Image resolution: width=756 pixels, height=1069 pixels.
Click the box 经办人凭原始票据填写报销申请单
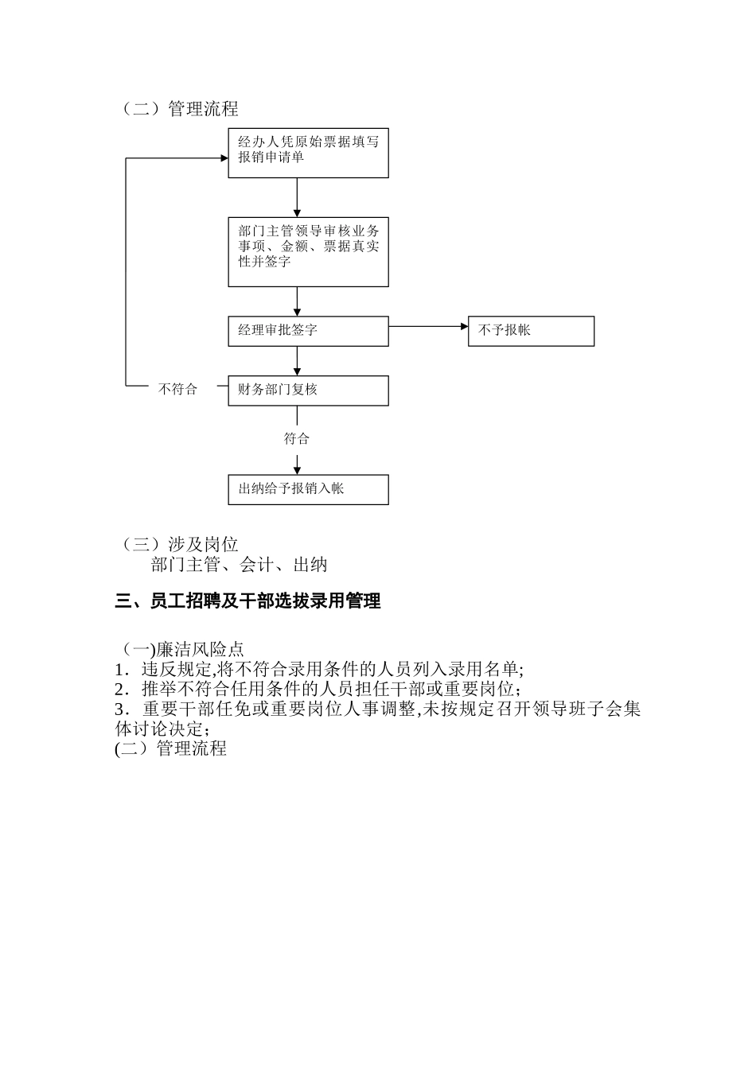click(x=308, y=153)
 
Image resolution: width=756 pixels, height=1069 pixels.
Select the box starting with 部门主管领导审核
click(x=308, y=251)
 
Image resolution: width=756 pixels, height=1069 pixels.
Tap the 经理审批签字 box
click(x=308, y=331)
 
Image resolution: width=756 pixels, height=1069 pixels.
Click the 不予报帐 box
click(x=531, y=331)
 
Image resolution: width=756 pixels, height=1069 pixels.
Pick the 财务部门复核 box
click(x=308, y=391)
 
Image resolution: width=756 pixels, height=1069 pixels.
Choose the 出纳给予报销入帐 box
click(x=308, y=489)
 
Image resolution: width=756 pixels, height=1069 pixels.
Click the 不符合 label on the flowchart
click(x=177, y=390)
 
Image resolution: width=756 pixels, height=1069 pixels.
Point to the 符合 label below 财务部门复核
click(x=297, y=439)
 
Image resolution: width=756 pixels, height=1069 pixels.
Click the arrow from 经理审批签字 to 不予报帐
click(x=428, y=326)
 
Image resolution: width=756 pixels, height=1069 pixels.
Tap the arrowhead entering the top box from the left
click(x=224, y=158)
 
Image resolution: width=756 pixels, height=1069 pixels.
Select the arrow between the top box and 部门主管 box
click(x=297, y=196)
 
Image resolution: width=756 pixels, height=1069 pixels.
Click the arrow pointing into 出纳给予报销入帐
click(x=297, y=464)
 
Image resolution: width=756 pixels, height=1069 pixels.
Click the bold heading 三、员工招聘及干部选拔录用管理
click(x=247, y=601)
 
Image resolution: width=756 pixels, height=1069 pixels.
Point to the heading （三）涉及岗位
click(x=178, y=545)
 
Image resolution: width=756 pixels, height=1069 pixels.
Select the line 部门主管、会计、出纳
click(x=239, y=565)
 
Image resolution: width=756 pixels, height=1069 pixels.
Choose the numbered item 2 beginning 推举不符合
click(x=318, y=689)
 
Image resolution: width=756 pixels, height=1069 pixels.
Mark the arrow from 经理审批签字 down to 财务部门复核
click(x=297, y=361)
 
